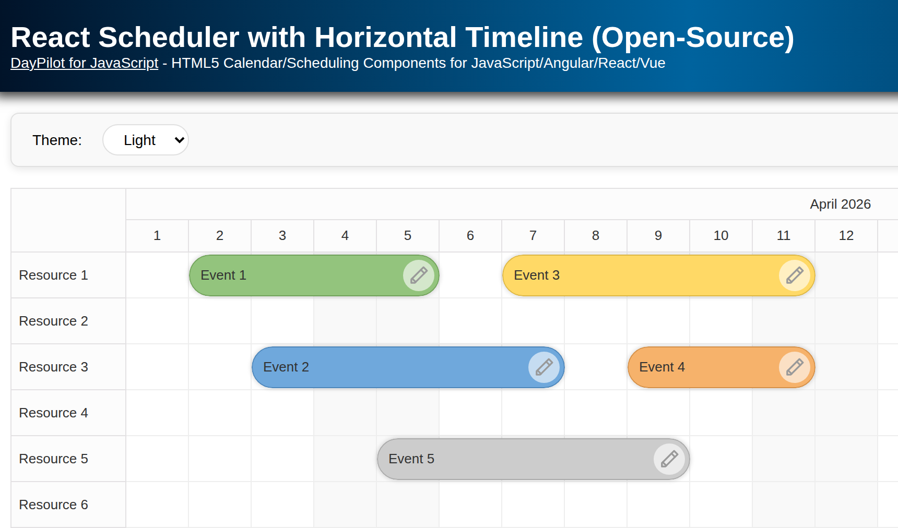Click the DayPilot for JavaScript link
[84, 63]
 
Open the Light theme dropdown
[146, 140]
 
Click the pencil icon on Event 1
[419, 275]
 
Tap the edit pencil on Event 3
[795, 275]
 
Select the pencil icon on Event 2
[544, 367]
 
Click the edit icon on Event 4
[795, 367]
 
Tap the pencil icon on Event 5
[669, 459]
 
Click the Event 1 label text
[223, 275]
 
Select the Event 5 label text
[411, 459]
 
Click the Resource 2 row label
[54, 321]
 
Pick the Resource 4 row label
[54, 413]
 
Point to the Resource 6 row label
[54, 505]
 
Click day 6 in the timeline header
[470, 236]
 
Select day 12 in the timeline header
[846, 236]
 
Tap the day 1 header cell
[157, 236]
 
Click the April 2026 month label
[840, 205]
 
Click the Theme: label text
[57, 140]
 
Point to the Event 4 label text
[662, 367]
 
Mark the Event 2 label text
[286, 367]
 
